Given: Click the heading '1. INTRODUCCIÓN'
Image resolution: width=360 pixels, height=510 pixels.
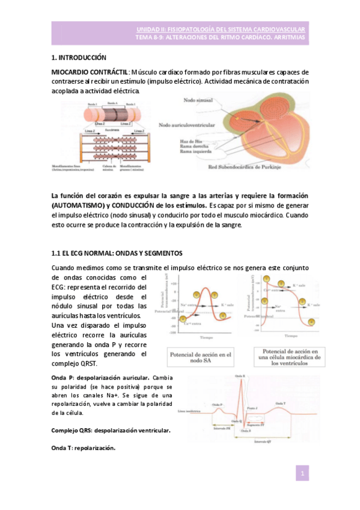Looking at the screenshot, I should pos(78,58).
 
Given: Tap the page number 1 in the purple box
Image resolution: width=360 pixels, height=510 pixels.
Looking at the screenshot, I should pos(304,475).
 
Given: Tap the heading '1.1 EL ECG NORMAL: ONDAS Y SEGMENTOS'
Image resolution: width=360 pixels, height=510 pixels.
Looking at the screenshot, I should pos(117,252).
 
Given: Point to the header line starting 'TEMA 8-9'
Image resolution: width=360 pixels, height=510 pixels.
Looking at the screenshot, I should pos(220,38).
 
